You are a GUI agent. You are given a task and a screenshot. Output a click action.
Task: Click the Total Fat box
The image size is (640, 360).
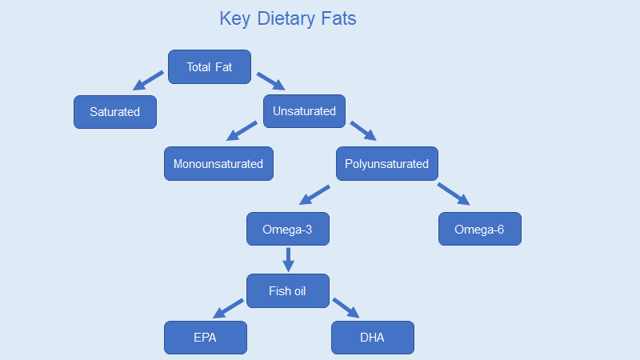tap(210, 67)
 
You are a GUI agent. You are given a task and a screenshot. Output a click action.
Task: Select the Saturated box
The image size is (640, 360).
tap(115, 112)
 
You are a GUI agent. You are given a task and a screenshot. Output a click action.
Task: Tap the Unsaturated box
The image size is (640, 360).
tap(304, 111)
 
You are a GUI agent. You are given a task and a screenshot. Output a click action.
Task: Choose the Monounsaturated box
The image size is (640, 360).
tap(218, 164)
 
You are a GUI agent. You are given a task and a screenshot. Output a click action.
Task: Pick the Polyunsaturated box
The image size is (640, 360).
tap(386, 164)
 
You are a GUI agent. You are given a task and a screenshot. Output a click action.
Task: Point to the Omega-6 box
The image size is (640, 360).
tap(480, 230)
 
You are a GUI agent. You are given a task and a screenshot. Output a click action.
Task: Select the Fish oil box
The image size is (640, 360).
tap(288, 291)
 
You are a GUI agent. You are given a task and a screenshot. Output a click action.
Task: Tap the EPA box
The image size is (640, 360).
tap(206, 338)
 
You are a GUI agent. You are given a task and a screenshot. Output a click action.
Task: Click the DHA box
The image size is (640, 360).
tap(372, 338)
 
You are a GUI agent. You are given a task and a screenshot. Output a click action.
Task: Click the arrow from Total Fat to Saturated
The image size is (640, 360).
tap(148, 80)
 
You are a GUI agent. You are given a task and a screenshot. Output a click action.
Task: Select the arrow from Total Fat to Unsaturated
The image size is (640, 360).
tap(270, 81)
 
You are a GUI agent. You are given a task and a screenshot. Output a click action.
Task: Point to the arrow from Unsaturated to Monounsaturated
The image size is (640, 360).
tap(242, 131)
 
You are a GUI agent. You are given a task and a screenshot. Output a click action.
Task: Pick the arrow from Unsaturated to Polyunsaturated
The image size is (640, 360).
tap(363, 130)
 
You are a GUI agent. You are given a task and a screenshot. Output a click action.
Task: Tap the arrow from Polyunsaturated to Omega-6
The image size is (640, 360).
tap(453, 194)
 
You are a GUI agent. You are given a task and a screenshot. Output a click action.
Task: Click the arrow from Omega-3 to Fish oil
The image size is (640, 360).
tap(288, 259)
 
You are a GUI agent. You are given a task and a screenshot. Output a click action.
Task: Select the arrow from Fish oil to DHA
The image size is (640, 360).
tap(347, 307)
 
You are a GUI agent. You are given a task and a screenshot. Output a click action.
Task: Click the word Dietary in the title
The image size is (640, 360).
tap(290, 18)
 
